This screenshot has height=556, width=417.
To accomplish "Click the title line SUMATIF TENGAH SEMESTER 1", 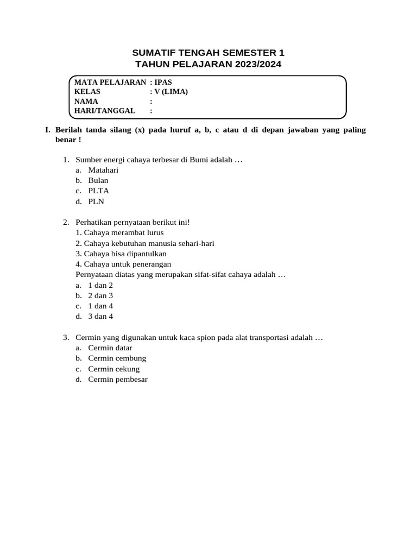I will click(208, 53).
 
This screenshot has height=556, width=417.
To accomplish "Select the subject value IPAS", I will click(163, 82).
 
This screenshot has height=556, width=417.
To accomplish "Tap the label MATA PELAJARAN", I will click(110, 82).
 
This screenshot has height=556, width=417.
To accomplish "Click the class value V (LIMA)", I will click(172, 91).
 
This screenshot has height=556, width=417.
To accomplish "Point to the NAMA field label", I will click(86, 101).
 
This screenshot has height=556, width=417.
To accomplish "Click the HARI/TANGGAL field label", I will click(105, 111).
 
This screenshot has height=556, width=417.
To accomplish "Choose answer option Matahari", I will click(103, 170).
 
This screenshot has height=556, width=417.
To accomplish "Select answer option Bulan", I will click(98, 180).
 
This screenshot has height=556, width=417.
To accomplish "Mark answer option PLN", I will click(96, 201).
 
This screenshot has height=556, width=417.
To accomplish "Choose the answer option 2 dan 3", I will click(100, 295).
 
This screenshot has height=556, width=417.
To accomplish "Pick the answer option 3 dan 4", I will click(100, 316).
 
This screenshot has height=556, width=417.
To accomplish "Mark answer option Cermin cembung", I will click(117, 358).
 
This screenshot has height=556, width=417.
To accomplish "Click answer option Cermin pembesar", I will click(118, 380).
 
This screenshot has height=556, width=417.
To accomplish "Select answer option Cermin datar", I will click(110, 348).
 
